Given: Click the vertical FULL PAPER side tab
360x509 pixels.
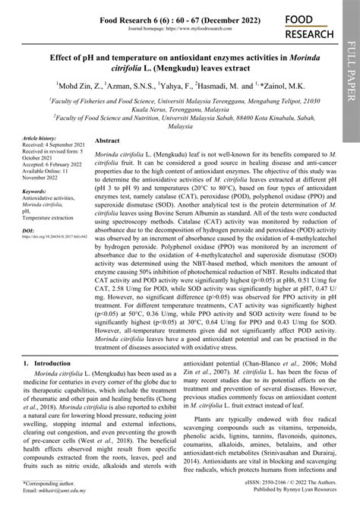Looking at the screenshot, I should pyautogui.click(x=350, y=68).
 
